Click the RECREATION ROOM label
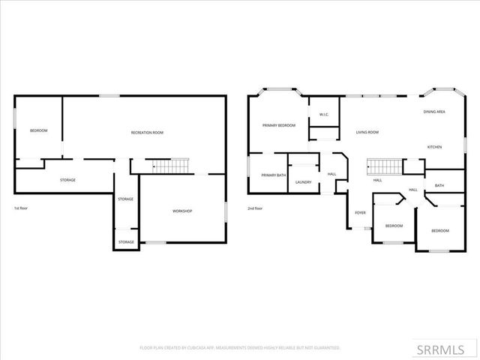coord(147,133)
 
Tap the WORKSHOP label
coord(182,211)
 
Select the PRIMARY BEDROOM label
coord(278,125)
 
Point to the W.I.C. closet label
coord(324,115)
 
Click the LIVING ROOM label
coord(367,133)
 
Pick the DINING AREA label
coord(434,112)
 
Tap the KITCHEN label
coord(435,147)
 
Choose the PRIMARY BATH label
coord(273,175)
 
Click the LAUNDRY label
coord(303,182)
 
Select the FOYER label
coord(360,212)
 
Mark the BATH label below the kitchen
coord(439,185)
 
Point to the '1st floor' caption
coord(22,208)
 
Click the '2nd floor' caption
coord(255,208)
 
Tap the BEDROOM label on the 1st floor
coord(38,131)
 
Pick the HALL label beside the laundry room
coord(331,175)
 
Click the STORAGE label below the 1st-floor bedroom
coord(67,180)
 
